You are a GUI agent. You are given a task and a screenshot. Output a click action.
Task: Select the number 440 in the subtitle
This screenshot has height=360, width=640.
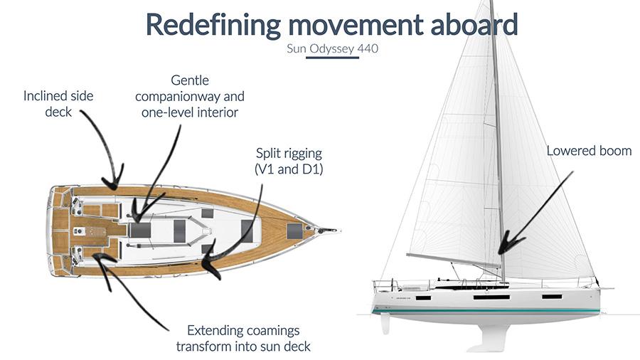pos(368,48)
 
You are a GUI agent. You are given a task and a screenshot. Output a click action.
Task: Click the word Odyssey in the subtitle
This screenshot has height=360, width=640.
pos(331,49)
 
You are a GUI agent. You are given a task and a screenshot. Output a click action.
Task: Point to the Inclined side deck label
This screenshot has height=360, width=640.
pos(58,104)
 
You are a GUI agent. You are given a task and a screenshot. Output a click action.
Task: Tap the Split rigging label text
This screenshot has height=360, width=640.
pos(289,154)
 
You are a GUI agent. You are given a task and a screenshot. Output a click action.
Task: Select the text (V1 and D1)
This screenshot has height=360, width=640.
pos(289,169)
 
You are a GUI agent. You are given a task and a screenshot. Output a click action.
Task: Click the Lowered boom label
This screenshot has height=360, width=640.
pos(589,151)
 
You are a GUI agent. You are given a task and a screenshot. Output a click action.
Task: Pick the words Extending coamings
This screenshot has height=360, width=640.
pos(243,330)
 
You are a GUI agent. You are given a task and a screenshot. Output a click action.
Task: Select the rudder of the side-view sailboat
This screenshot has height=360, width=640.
pos(385,324)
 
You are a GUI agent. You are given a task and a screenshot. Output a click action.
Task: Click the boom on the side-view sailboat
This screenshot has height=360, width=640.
pos(454,260)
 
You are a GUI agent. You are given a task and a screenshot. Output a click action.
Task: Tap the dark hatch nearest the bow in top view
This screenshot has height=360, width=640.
pos(294,231)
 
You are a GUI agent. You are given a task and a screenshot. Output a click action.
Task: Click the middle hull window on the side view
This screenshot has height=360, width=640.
pos(491,297)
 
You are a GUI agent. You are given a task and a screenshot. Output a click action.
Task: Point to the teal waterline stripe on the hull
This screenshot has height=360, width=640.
pos(486,311)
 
